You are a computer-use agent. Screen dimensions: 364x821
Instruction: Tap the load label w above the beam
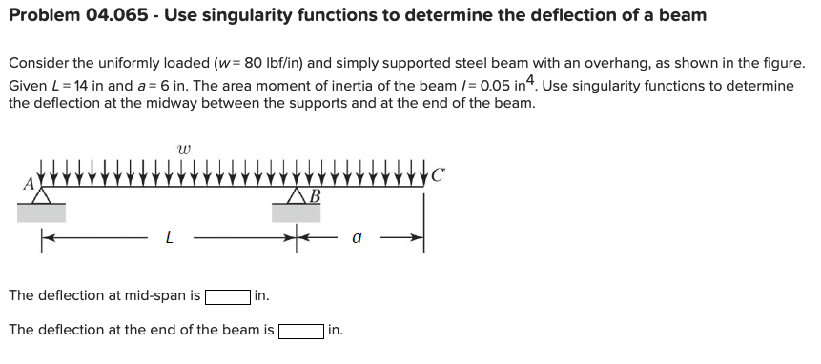click(x=183, y=149)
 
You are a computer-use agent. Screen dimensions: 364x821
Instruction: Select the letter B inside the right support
click(x=316, y=197)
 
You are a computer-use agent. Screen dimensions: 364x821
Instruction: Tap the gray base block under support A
click(x=41, y=212)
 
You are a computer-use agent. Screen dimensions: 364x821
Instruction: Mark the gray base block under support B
click(x=296, y=212)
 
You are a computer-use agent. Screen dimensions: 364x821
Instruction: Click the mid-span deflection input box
click(x=227, y=296)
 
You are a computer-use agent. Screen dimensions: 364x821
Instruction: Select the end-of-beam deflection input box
click(x=300, y=332)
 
